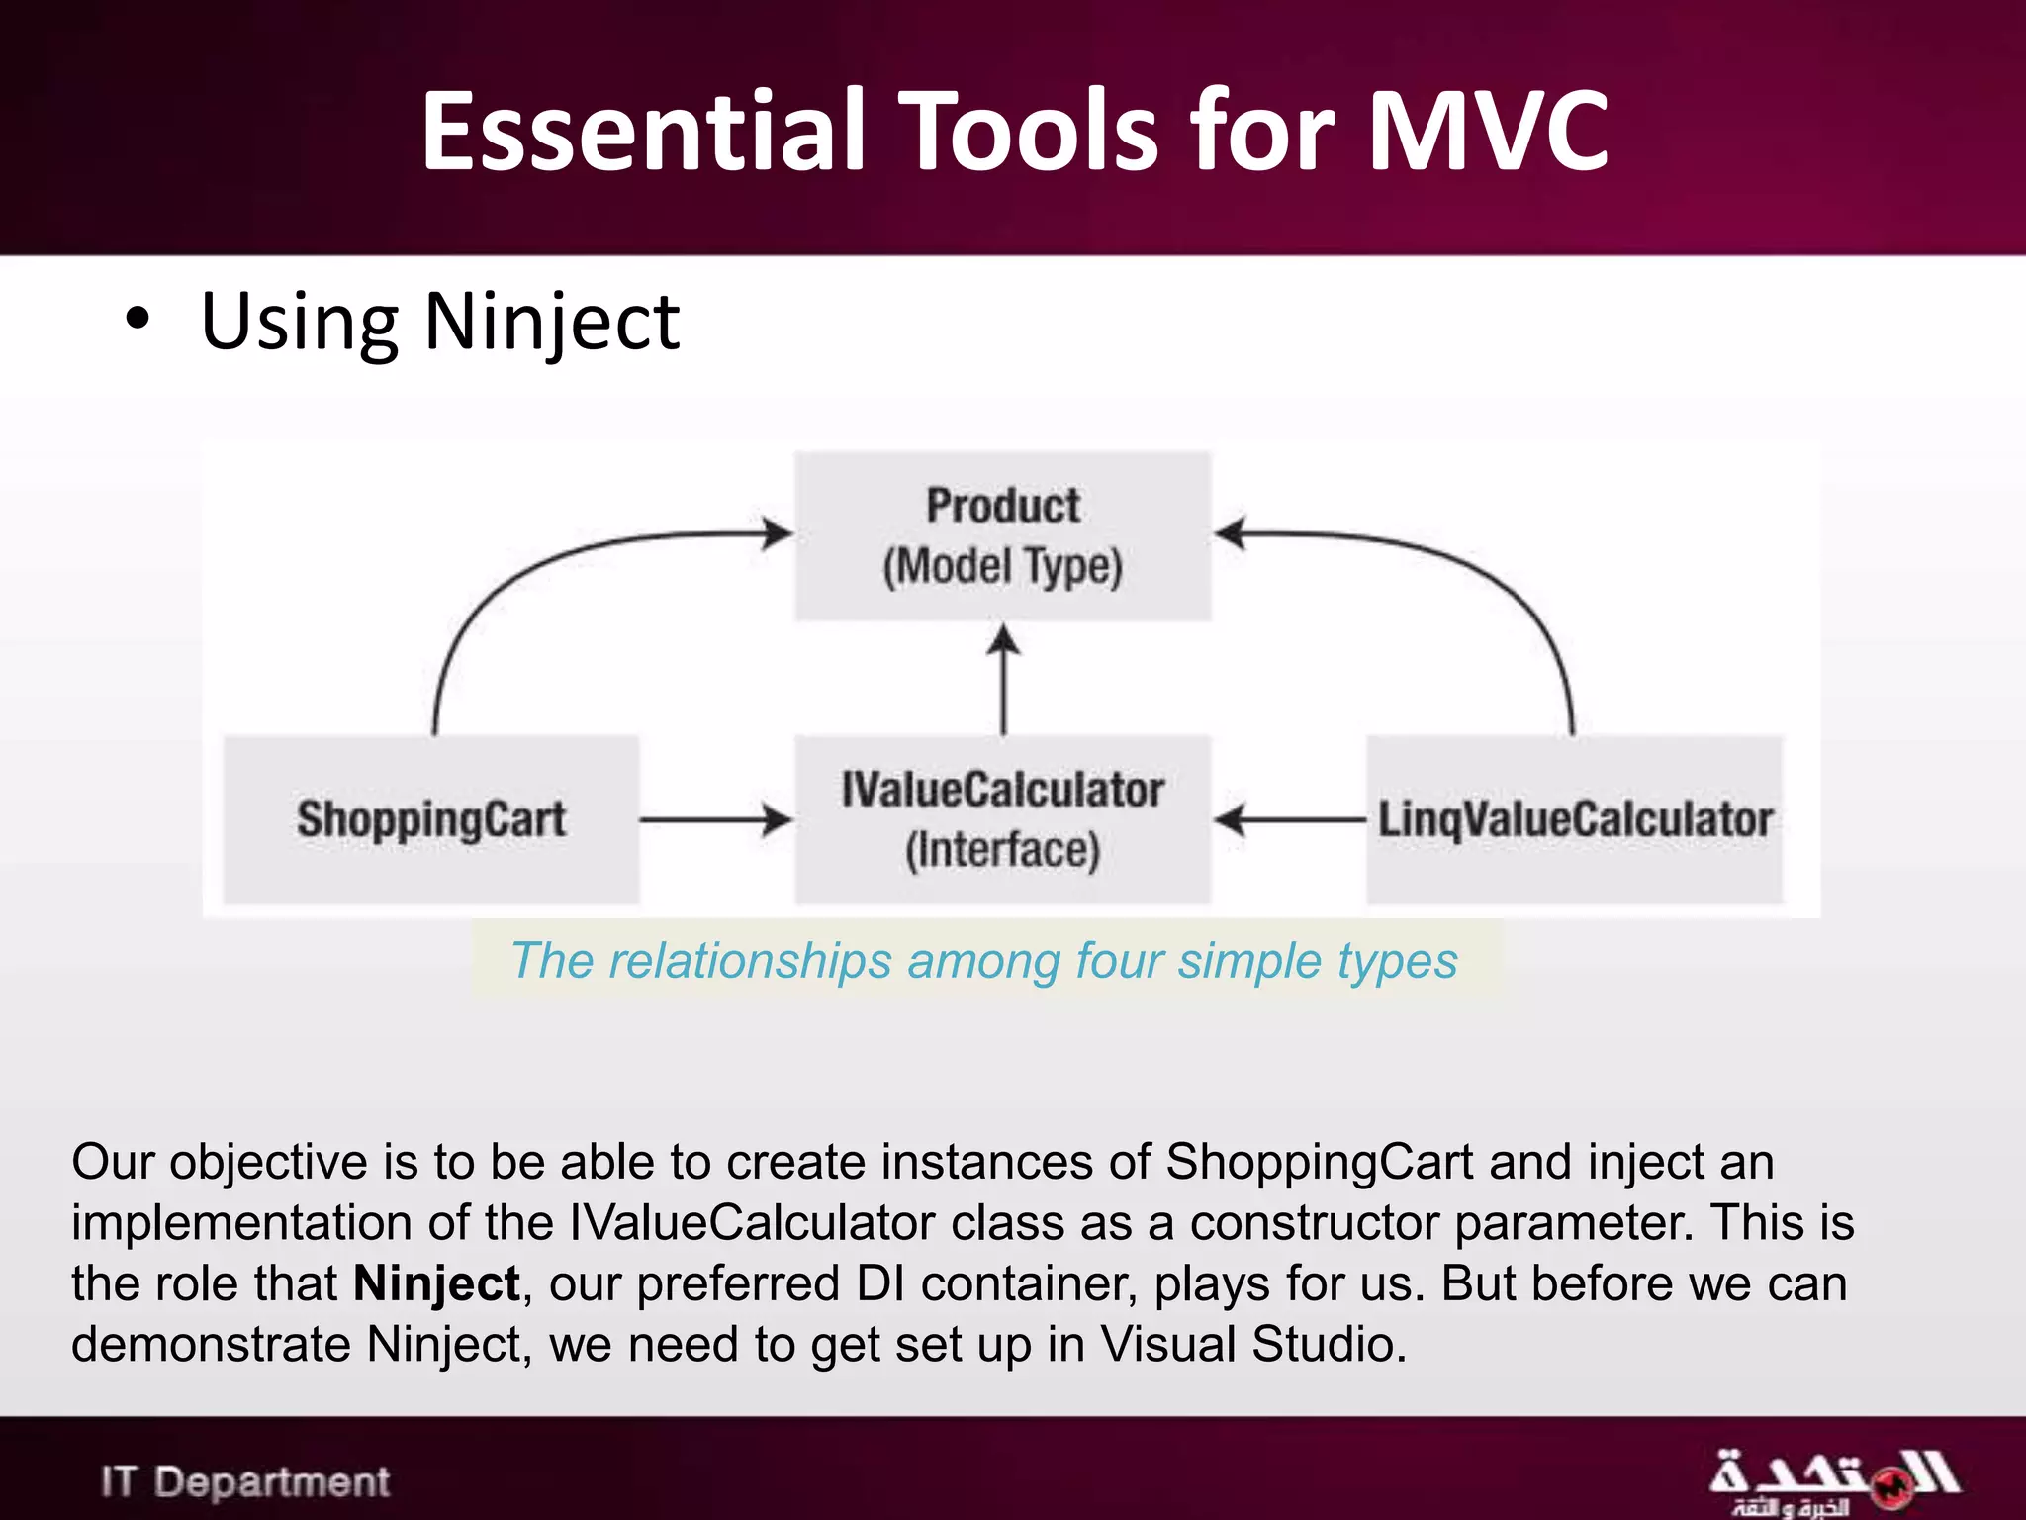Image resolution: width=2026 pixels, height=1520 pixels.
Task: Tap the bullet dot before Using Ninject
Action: pos(138,320)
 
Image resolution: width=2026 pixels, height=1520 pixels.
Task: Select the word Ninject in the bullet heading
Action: pos(551,323)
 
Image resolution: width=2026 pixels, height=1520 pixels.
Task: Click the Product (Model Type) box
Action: pos(1002,536)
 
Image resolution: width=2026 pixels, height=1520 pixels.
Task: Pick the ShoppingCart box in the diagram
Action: pos(430,819)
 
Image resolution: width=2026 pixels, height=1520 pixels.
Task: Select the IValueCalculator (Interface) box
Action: pos(1002,819)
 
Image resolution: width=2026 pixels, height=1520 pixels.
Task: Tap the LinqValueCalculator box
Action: pos(1574,819)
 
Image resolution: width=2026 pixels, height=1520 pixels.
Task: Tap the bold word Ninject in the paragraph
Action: pos(436,1283)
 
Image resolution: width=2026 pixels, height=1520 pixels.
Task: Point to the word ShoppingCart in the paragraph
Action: pos(1320,1162)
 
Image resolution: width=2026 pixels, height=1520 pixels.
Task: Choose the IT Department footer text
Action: pos(245,1481)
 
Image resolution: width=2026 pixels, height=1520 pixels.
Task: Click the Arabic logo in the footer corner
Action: pos(1832,1481)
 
